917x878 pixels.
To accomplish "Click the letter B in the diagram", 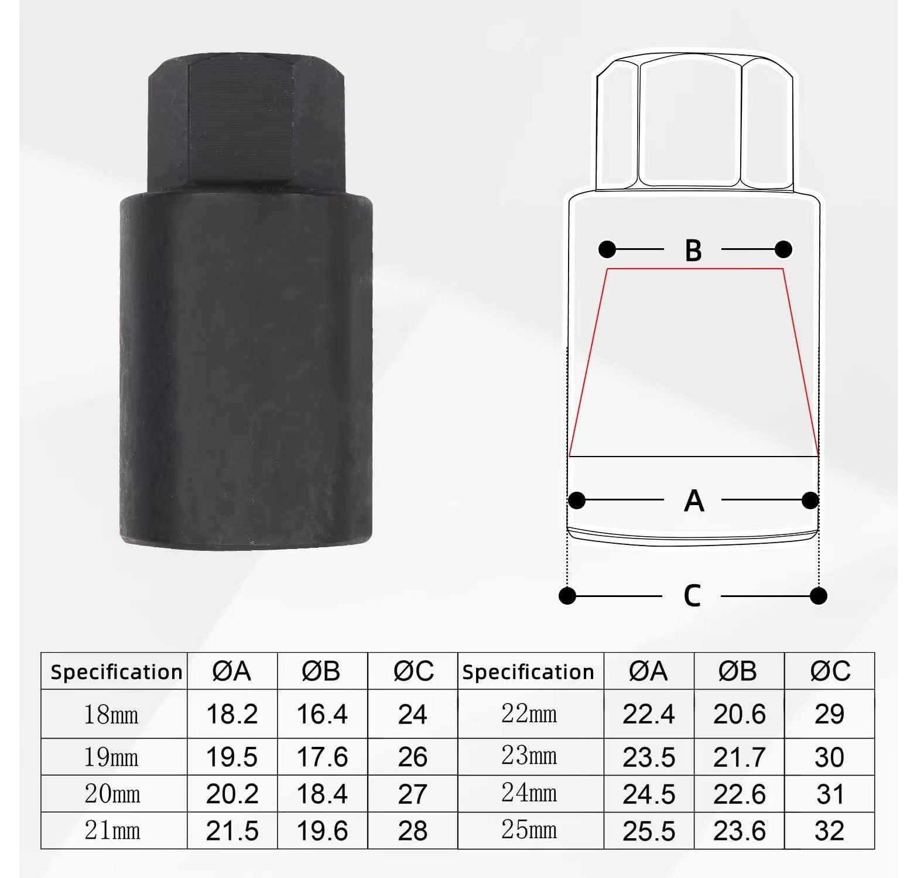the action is click(x=693, y=251).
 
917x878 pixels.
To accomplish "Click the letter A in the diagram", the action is click(x=694, y=501).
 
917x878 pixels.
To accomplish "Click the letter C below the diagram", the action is click(x=692, y=596).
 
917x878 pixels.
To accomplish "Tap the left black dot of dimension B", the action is click(x=607, y=249).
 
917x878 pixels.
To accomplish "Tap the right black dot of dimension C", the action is click(x=818, y=596).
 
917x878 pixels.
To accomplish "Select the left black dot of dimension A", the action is click(x=577, y=500).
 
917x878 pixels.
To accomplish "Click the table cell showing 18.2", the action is click(x=232, y=714).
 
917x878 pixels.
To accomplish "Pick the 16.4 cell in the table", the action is click(x=322, y=714).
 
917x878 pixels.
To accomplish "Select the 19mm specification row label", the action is click(x=111, y=757).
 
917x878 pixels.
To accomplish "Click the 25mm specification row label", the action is click(x=529, y=830).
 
